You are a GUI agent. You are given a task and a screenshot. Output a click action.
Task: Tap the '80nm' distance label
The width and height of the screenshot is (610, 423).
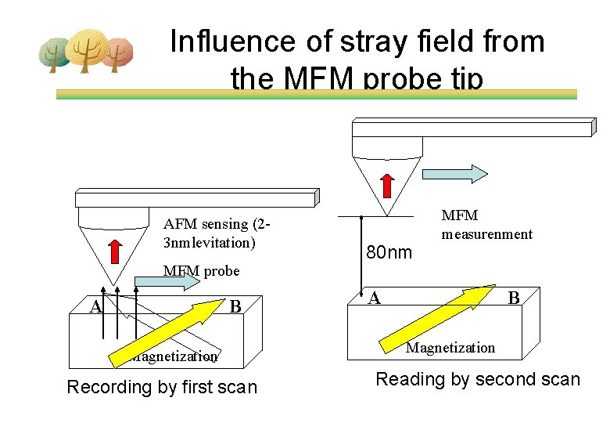tap(389, 252)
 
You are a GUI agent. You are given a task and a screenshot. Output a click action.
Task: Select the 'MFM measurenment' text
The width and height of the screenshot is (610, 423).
tap(486, 225)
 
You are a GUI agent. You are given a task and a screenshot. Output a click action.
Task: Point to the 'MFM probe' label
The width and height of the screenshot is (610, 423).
tap(201, 271)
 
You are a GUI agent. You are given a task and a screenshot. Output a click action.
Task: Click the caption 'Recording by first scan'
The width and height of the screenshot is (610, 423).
tap(162, 387)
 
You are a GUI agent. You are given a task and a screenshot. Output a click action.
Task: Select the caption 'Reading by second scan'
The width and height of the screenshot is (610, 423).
tap(478, 380)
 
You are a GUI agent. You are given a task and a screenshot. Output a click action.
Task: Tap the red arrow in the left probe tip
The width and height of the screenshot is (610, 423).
tap(114, 251)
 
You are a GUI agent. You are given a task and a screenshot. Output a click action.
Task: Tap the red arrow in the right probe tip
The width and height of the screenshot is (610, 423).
tap(387, 185)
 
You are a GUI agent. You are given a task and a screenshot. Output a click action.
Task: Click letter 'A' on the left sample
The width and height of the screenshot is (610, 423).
tap(96, 306)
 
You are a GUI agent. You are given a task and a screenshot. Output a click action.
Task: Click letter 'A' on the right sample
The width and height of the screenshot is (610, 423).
tap(375, 298)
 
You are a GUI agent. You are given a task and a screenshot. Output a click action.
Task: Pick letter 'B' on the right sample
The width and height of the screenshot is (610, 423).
tap(514, 298)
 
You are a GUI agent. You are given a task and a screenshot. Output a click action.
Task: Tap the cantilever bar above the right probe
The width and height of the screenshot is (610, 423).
tap(472, 128)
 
